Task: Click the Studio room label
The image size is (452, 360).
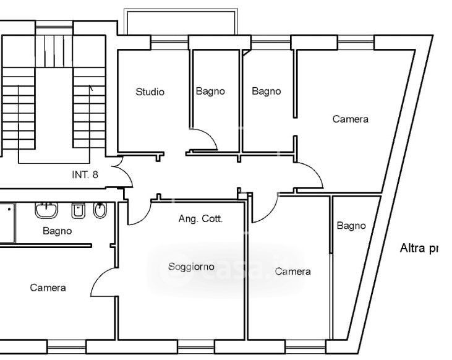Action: pos(150,92)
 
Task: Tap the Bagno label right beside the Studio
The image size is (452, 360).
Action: pos(210,92)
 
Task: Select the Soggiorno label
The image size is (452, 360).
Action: pos(191,267)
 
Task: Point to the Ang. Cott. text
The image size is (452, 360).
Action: pos(200,218)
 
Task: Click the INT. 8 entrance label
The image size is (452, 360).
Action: pos(85,174)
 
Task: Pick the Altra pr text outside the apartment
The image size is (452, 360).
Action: pos(419,249)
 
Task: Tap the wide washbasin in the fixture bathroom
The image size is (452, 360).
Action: pos(46,211)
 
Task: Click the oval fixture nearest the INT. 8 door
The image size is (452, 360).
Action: pos(100,211)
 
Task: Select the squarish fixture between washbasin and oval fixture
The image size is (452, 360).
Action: pos(79,212)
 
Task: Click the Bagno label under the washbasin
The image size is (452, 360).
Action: pos(57,231)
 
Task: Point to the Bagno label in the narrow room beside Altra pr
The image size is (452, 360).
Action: pos(351,226)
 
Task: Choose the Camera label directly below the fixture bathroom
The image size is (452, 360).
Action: pos(48,288)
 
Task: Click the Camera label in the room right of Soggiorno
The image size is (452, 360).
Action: pos(293,271)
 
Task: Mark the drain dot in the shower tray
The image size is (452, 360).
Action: pos(9,209)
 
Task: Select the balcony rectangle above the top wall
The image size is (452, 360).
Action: pos(181,22)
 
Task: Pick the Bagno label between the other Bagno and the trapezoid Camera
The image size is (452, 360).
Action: pos(266,92)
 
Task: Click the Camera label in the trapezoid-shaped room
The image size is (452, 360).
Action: pos(350,119)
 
